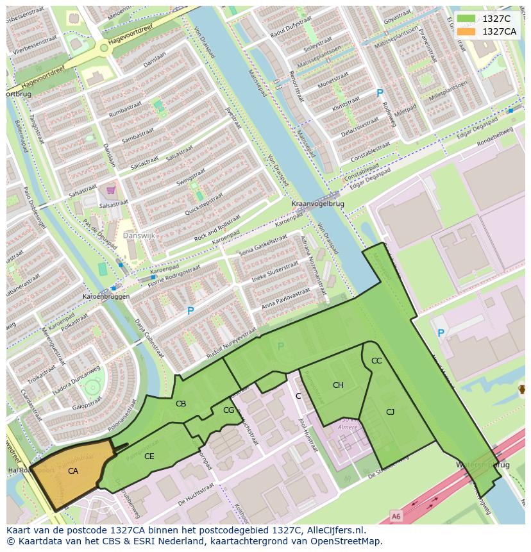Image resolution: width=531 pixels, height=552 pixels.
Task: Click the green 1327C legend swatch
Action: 467,19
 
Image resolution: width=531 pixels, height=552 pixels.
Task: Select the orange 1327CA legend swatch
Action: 467,31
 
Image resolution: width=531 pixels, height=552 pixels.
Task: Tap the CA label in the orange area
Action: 73,471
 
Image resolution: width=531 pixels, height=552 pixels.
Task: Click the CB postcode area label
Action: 181,403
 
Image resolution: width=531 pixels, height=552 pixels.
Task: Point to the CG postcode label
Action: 228,410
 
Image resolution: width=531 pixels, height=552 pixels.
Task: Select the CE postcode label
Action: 149,456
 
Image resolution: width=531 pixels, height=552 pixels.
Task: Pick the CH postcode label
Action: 338,385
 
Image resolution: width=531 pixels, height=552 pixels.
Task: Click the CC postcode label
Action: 376,361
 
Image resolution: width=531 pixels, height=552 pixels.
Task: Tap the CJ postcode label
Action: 390,412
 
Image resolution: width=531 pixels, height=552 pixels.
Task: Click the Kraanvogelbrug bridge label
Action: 317,204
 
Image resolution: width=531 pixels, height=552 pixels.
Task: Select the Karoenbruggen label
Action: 106,297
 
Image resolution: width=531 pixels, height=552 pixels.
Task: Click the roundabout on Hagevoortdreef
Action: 104,47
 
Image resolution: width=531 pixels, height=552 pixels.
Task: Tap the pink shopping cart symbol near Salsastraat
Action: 111,190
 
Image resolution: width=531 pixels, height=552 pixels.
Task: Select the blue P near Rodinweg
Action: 380,93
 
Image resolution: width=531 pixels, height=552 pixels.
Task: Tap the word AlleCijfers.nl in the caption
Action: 334,530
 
